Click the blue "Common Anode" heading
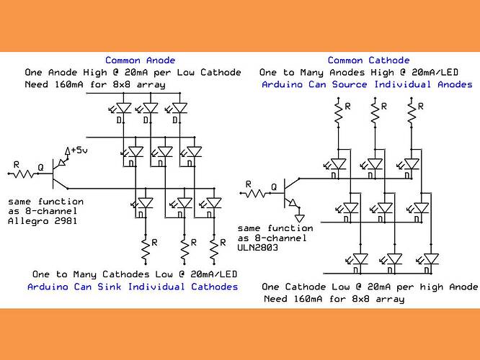140,60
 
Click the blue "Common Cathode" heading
368,60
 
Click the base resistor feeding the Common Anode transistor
27,174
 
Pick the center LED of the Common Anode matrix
165,153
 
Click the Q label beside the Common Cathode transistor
274,186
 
